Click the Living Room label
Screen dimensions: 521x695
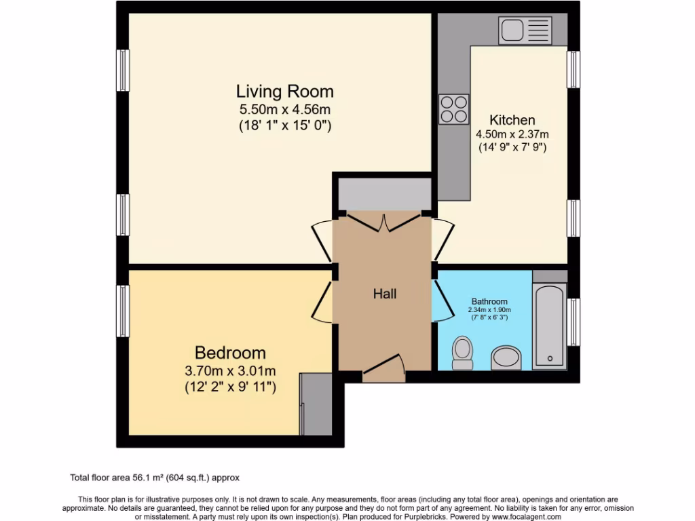tap(284, 91)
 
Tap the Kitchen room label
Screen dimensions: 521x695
tap(512, 120)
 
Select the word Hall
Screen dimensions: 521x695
tap(385, 294)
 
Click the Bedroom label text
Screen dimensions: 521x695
tap(230, 353)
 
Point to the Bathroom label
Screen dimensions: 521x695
tap(489, 301)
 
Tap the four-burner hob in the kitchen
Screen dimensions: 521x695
tap(454, 109)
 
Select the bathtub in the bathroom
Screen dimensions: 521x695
tap(549, 326)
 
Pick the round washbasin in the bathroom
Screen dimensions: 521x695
tap(506, 358)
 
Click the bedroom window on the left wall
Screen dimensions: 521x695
tap(123, 310)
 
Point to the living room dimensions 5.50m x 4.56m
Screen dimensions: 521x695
tap(284, 109)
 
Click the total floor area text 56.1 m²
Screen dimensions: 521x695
tap(155, 478)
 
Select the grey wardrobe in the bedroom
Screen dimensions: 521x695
tap(316, 404)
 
